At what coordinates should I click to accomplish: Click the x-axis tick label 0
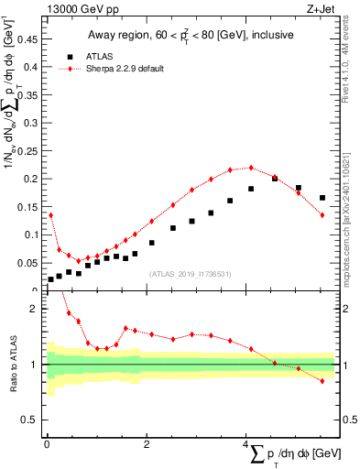tap(47, 444)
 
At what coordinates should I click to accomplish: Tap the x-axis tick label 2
tap(146, 444)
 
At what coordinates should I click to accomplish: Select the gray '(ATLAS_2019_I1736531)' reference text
tap(190, 273)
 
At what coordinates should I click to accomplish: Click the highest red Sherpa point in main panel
tap(251, 168)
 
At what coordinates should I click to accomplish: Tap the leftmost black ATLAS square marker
tap(50, 278)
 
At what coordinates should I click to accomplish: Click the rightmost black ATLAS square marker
tap(322, 198)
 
